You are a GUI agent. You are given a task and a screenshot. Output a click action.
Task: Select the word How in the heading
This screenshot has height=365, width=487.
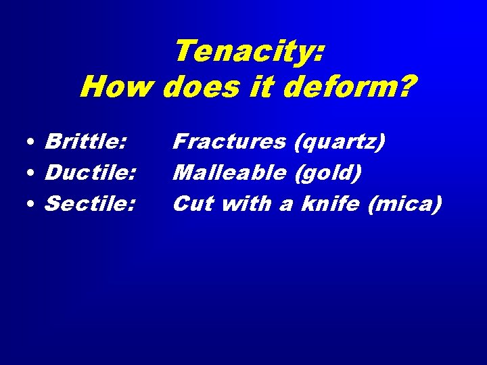click(x=117, y=87)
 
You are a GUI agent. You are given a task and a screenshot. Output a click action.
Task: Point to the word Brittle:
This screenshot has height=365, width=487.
click(x=85, y=142)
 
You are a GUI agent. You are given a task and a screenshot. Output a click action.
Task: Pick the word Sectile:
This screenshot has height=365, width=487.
click(x=89, y=203)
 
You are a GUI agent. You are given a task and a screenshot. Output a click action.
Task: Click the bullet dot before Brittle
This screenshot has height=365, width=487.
click(x=32, y=143)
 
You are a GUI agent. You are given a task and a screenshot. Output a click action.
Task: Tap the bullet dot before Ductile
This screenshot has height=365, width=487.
click(x=32, y=174)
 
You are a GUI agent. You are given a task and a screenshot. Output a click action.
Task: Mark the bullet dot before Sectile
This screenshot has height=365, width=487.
click(x=32, y=205)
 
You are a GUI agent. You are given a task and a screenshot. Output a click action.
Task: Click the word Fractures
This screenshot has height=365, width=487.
click(x=229, y=142)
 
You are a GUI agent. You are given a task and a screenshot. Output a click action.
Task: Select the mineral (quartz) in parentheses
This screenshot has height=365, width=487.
click(x=340, y=143)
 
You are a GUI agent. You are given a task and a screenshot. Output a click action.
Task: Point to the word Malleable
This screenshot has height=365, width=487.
click(x=229, y=173)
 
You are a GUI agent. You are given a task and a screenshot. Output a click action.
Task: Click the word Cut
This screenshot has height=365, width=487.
click(x=193, y=203)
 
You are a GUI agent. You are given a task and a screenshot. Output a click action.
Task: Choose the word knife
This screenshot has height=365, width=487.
click(x=330, y=203)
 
